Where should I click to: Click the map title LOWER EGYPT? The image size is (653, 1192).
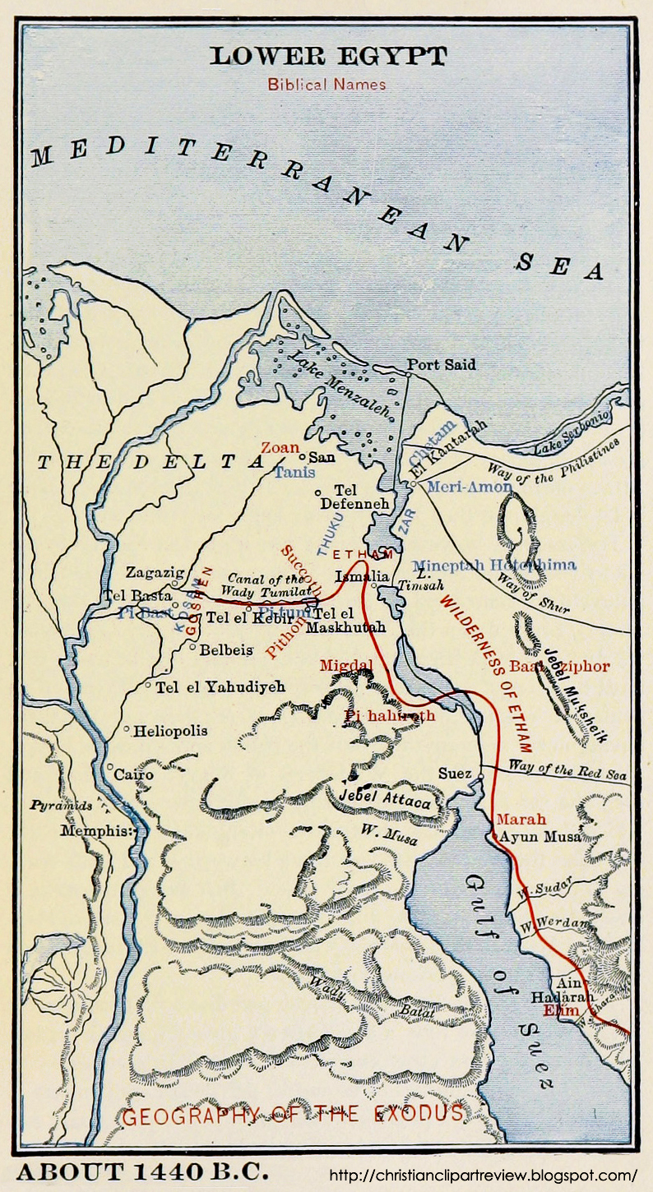click(x=327, y=57)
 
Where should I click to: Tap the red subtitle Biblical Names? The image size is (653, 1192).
click(x=326, y=84)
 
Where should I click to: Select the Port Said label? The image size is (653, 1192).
click(x=442, y=364)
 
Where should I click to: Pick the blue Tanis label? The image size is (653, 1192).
click(x=294, y=473)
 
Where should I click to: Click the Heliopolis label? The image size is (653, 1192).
click(x=171, y=730)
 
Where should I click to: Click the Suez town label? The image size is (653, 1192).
click(x=454, y=774)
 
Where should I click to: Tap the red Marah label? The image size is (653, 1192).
click(x=521, y=820)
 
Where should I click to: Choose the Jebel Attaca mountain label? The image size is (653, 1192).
click(x=385, y=799)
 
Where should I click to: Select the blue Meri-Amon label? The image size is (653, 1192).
click(x=470, y=487)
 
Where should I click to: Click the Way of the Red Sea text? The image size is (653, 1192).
click(x=567, y=772)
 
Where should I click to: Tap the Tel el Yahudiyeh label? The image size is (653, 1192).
click(x=220, y=686)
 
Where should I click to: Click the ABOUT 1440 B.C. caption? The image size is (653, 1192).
click(x=143, y=1171)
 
